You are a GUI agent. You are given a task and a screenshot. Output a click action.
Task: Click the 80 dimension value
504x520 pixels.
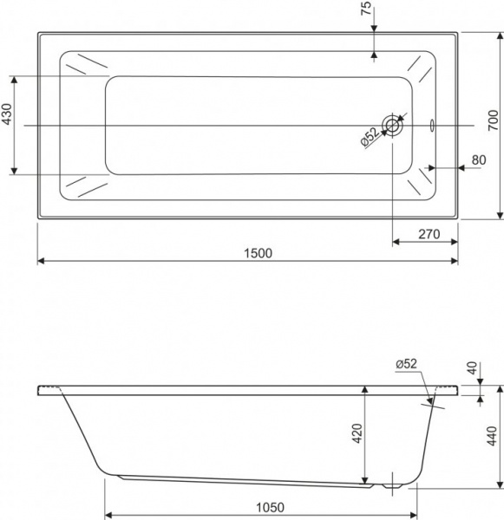(x=478, y=159)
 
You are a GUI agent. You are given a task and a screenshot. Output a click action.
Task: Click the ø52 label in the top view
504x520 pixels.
(x=369, y=137)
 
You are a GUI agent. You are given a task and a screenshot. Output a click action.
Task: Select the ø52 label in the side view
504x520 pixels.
(x=407, y=365)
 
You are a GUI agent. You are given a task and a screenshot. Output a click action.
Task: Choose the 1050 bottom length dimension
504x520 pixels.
(x=261, y=506)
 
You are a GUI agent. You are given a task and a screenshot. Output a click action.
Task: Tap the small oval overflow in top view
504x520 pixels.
(x=433, y=126)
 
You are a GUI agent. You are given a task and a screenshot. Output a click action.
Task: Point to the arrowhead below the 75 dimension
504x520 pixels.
(x=373, y=54)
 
